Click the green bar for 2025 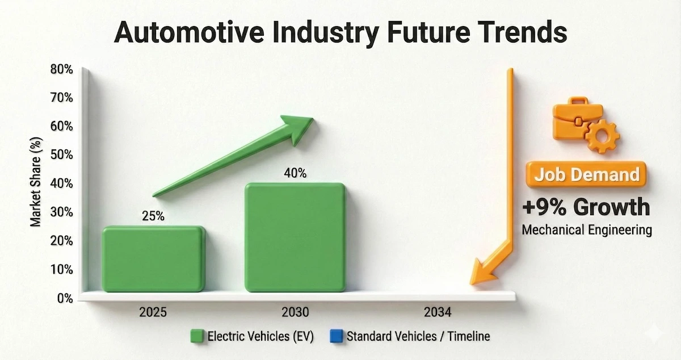point(153,259)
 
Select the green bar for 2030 point(295,237)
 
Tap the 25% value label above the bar point(153,216)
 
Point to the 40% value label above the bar point(295,173)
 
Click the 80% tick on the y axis point(61,70)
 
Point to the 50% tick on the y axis point(61,155)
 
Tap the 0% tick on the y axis point(64,299)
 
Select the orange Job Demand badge point(585,174)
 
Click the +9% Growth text point(586,207)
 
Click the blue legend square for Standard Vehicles point(337,336)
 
